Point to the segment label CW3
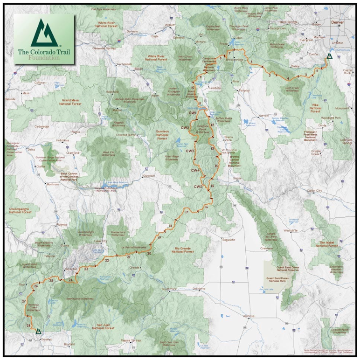click(x=190, y=151)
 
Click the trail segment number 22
click(x=107, y=261)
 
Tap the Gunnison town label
click(x=149, y=176)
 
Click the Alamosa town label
click(x=249, y=316)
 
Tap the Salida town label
click(x=237, y=178)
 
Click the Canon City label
click(x=314, y=191)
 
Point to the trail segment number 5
click(x=270, y=75)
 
